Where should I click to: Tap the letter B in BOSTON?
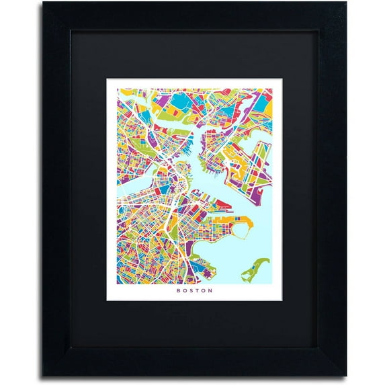178,290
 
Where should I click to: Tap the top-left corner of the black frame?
44,4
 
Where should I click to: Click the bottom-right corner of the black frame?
345,376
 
